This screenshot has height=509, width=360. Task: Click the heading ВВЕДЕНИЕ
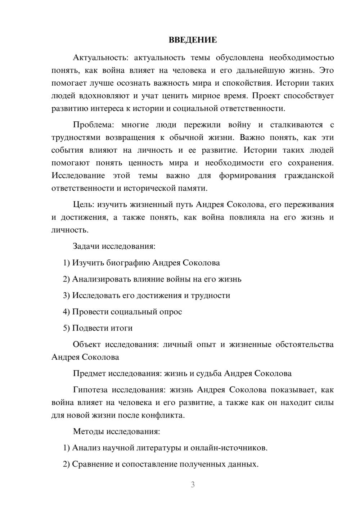[x=193, y=40]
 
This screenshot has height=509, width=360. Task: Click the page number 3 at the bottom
[x=193, y=485]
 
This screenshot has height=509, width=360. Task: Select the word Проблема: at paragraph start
[x=93, y=125]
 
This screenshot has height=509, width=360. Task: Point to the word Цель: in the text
[x=84, y=204]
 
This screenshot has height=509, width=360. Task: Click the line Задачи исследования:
[x=114, y=246]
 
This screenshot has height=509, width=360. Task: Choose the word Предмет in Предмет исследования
[x=89, y=373]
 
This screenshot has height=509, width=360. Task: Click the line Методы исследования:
[x=116, y=431]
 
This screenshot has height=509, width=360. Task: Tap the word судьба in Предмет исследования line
[x=209, y=373]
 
